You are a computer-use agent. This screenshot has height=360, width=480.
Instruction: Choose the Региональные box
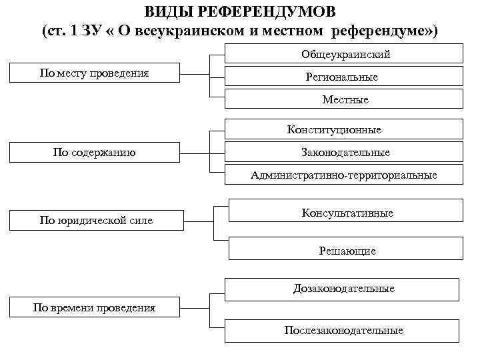(341, 77)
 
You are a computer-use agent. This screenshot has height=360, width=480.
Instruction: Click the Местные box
(344, 99)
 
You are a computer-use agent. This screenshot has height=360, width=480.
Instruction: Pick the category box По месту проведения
(93, 73)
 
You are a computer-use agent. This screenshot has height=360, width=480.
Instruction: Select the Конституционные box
(344, 129)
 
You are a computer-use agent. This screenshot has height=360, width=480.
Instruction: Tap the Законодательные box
(344, 152)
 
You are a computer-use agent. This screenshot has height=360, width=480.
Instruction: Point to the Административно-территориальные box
(344, 175)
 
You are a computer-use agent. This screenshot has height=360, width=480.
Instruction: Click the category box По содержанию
(93, 152)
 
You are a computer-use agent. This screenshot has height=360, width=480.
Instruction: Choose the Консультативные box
(347, 213)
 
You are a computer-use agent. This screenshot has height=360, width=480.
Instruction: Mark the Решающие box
(347, 251)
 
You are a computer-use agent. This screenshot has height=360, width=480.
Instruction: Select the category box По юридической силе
(96, 220)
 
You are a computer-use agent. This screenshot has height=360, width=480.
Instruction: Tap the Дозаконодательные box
(343, 289)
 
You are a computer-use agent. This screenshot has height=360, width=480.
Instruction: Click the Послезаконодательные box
(343, 330)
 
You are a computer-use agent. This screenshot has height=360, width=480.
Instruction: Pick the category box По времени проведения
(94, 307)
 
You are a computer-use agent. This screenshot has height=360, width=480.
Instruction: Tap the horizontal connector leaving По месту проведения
(197, 73)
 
